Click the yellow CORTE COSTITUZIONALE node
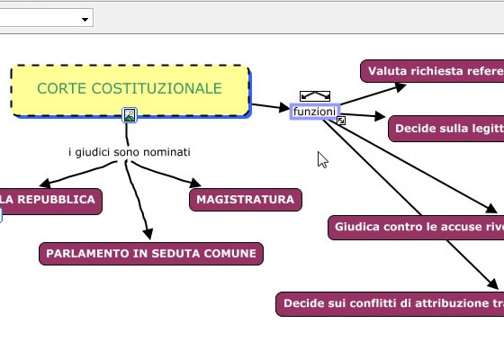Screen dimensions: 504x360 (x=130, y=90)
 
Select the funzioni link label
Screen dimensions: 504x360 (x=314, y=112)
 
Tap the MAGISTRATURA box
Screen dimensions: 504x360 (x=246, y=200)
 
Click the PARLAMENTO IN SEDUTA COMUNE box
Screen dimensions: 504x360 (x=151, y=254)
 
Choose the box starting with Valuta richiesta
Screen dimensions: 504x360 (x=432, y=71)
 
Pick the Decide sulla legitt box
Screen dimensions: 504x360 (x=446, y=129)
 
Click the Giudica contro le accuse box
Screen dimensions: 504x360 (x=416, y=227)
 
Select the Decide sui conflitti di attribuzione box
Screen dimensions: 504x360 (x=390, y=304)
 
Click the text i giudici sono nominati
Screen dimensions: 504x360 (x=130, y=152)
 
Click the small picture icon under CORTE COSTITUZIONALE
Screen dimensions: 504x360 (x=130, y=115)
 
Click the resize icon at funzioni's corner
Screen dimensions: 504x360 (x=341, y=121)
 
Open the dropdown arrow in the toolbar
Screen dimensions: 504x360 (x=85, y=19)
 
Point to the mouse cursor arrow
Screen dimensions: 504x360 (x=322, y=160)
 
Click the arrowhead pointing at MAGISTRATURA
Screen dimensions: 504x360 (x=195, y=183)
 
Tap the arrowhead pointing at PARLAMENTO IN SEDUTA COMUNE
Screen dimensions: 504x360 (x=148, y=234)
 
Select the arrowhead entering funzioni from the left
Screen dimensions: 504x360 (x=284, y=107)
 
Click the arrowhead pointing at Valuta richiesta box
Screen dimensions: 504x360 (x=400, y=86)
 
